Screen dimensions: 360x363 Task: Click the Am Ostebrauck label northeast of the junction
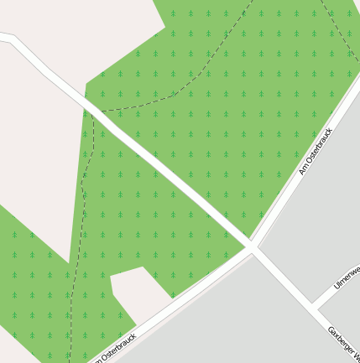tap(316, 151)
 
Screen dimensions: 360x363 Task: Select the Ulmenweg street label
tap(347, 276)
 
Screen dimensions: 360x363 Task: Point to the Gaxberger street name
tap(343, 344)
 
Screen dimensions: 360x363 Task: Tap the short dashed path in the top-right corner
tap(340, 34)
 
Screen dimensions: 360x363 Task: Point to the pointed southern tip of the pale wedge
tap(68, 261)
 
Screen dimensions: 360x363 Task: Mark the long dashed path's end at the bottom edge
tap(70, 360)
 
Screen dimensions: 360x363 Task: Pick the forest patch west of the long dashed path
tap(34, 285)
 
